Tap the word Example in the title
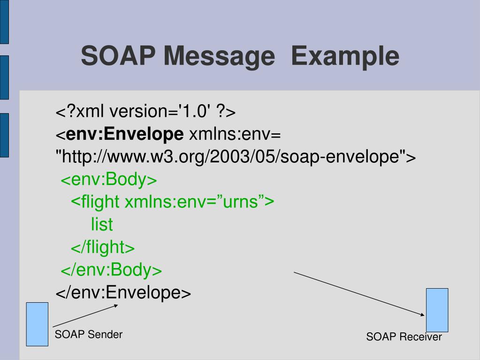click(345, 56)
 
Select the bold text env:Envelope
click(126, 135)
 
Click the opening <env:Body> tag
click(108, 180)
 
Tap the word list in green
click(102, 225)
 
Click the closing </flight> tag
click(103, 247)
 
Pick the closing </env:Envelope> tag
click(123, 293)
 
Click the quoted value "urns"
click(240, 202)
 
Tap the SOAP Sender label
click(89, 335)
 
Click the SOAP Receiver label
click(404, 337)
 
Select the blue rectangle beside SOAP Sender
click(37, 324)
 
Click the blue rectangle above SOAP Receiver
click(437, 310)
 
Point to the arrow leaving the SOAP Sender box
click(84, 315)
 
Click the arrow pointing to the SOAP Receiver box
click(359, 293)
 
